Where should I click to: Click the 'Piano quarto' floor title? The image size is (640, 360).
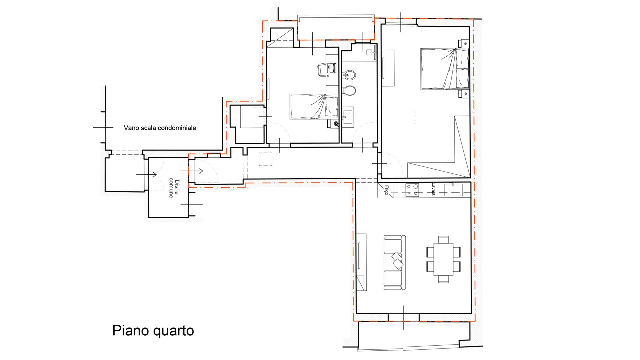(153, 331)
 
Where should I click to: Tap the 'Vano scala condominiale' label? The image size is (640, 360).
(160, 128)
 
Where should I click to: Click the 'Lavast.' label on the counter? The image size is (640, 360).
(433, 190)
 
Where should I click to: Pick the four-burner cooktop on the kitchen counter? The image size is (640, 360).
(412, 190)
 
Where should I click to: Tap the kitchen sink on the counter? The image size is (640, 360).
(453, 190)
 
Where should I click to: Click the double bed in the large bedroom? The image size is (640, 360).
(445, 69)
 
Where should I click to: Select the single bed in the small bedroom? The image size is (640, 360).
(314, 107)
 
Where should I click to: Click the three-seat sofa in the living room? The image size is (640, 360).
(394, 262)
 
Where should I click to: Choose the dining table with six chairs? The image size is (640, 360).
(444, 259)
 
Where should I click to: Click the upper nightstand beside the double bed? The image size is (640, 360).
(464, 44)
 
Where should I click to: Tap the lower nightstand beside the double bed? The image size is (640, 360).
(464, 94)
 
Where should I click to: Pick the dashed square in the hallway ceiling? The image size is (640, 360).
(265, 159)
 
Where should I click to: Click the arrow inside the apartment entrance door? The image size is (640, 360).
(196, 171)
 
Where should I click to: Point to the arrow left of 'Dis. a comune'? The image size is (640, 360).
(146, 174)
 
